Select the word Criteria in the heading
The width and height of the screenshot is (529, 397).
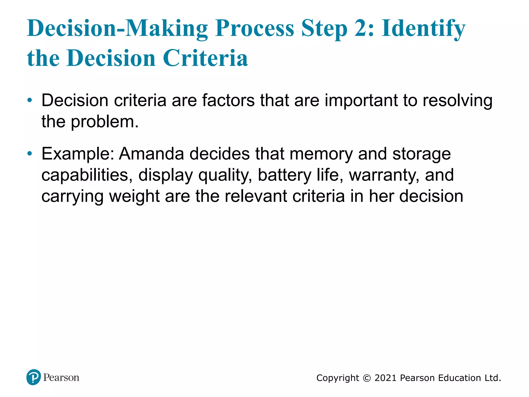point(205,58)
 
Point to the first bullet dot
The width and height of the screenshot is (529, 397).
point(30,100)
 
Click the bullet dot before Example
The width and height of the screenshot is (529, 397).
point(30,154)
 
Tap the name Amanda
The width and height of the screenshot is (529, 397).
point(151,154)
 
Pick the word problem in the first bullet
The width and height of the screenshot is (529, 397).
point(104,121)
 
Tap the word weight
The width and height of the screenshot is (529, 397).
point(134,196)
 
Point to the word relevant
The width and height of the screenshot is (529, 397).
point(256,196)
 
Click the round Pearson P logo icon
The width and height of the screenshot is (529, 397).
point(34,377)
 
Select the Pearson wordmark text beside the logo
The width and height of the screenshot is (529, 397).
point(61,378)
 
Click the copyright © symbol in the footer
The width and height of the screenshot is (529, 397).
point(367,378)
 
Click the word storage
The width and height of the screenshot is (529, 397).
point(422,154)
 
